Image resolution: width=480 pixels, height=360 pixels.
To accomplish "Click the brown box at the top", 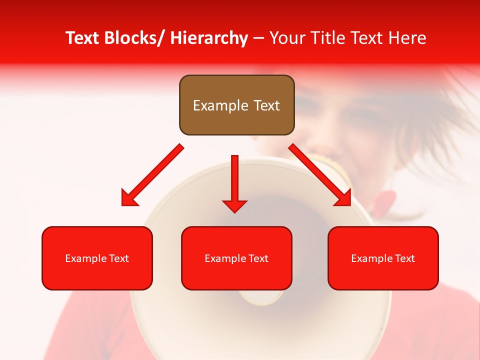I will tap(236, 105).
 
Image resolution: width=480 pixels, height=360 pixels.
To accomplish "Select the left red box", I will tap(97, 258).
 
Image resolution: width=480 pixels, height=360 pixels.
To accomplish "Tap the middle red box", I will tap(236, 258).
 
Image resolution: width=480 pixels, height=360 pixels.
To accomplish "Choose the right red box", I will tap(383, 258).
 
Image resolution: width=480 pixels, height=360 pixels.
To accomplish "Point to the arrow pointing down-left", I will tap(152, 175).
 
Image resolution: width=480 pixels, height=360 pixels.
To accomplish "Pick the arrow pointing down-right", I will tap(320, 175).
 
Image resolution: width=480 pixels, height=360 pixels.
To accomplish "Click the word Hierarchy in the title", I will tap(209, 38).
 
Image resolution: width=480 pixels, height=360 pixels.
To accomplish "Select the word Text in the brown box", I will tap(266, 105).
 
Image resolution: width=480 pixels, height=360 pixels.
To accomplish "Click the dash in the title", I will tap(258, 38).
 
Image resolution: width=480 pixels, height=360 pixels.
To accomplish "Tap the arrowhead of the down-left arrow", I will tap(129, 198).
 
